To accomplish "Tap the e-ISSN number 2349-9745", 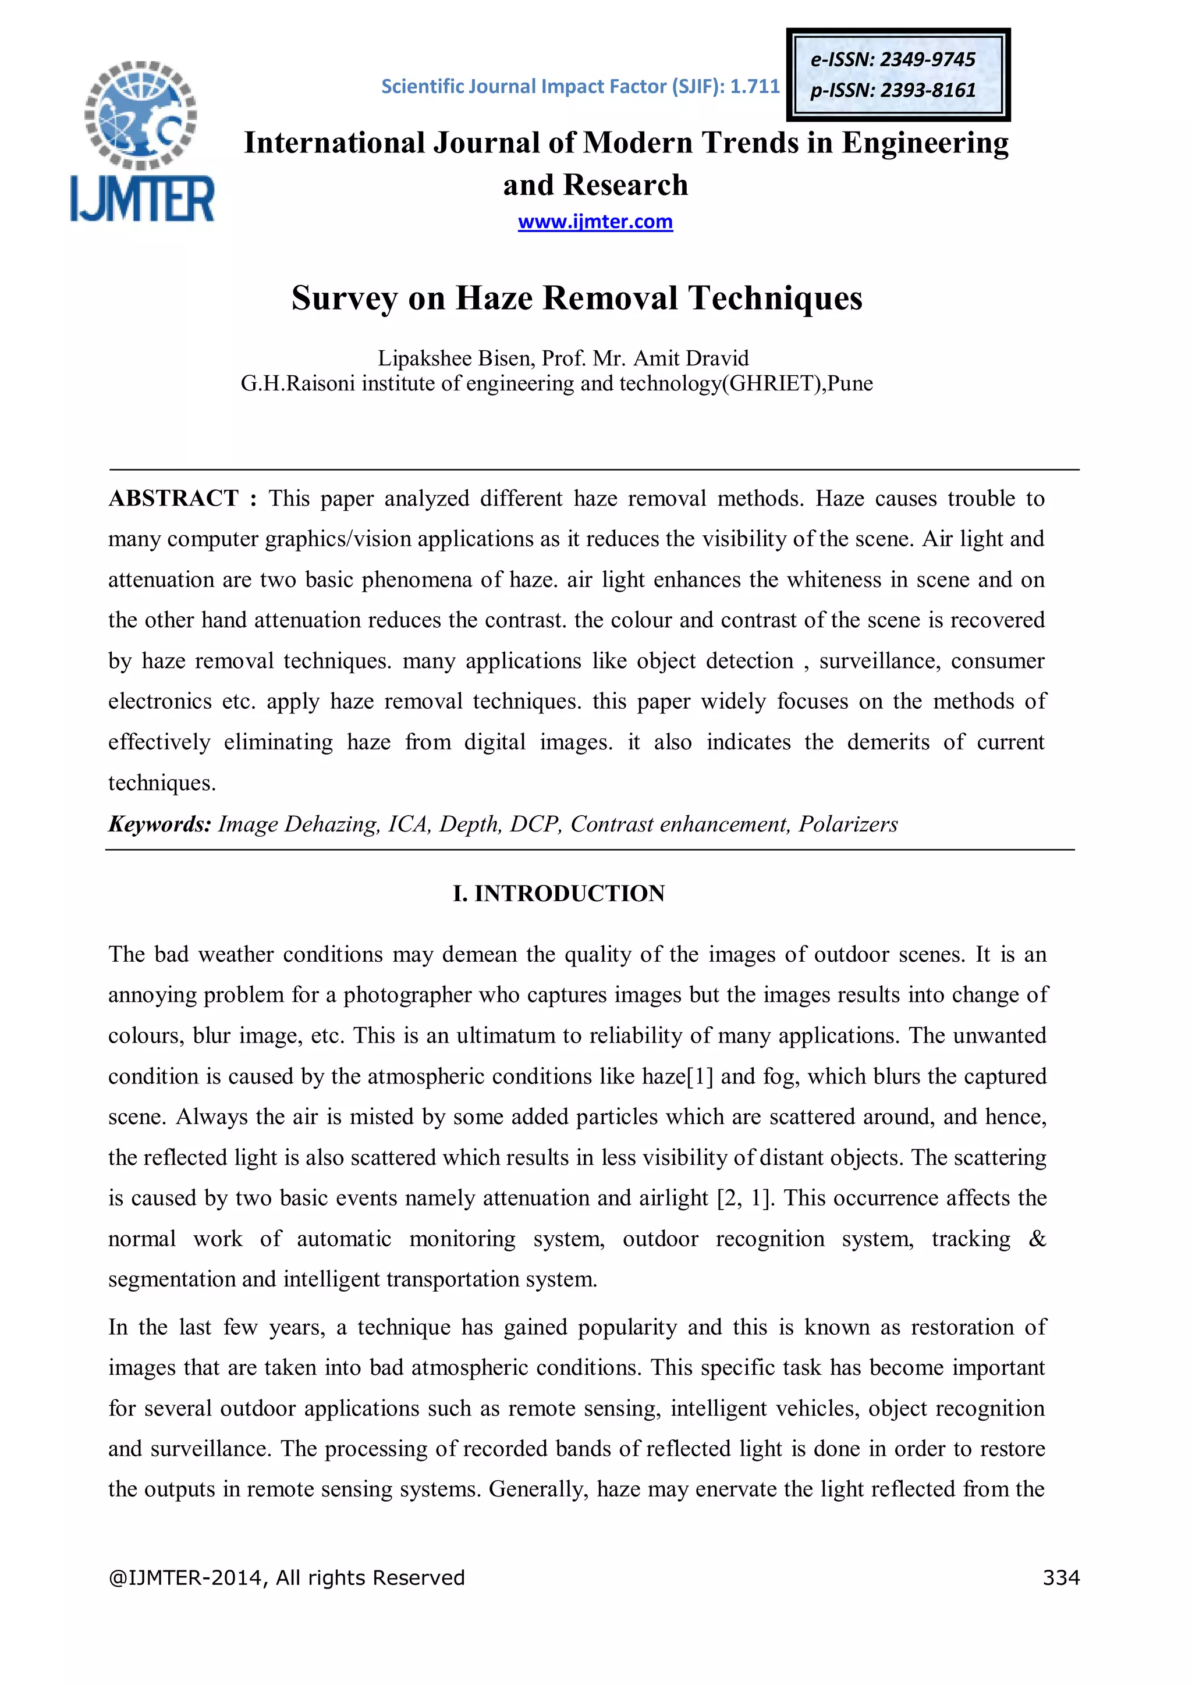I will point(927,59).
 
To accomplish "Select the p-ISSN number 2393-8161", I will point(928,90).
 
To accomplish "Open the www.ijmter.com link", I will point(595,222).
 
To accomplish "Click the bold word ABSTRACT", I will point(173,498).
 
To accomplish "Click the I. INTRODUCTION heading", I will point(559,893).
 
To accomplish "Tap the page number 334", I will point(1060,1577).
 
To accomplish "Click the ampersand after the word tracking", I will point(1037,1239).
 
